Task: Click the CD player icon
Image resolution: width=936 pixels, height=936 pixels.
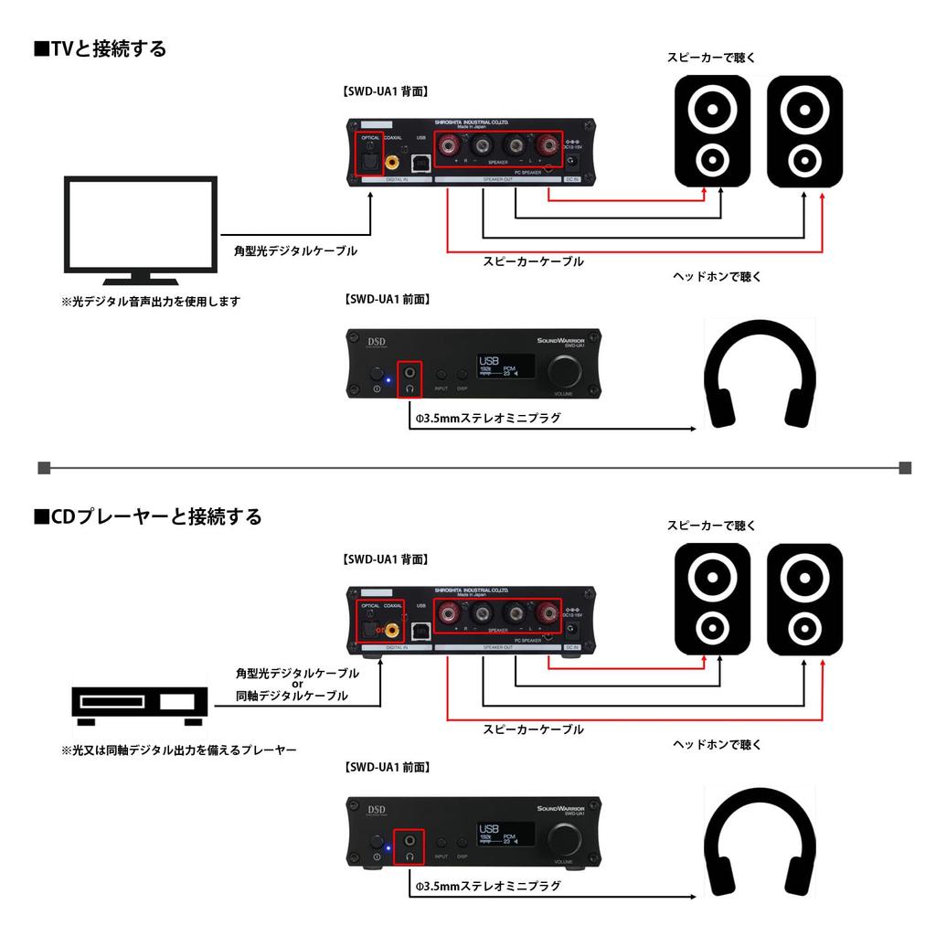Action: coord(140,703)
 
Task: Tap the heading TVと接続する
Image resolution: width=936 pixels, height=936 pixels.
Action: coord(100,48)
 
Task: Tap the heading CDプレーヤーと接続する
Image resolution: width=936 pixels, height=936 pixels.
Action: coord(147,516)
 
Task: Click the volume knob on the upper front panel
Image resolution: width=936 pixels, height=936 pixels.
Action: coord(564,371)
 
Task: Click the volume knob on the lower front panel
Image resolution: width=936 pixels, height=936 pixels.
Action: coord(564,839)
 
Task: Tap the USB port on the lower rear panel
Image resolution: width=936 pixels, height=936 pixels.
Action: coord(421,630)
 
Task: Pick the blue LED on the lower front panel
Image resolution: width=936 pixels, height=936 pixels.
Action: coord(388,848)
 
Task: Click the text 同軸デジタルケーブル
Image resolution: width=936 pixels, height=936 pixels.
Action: coord(292,697)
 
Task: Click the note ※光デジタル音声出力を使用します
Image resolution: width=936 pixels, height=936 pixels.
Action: coord(150,301)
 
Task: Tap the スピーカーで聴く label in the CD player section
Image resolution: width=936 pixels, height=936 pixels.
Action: coord(711,526)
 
